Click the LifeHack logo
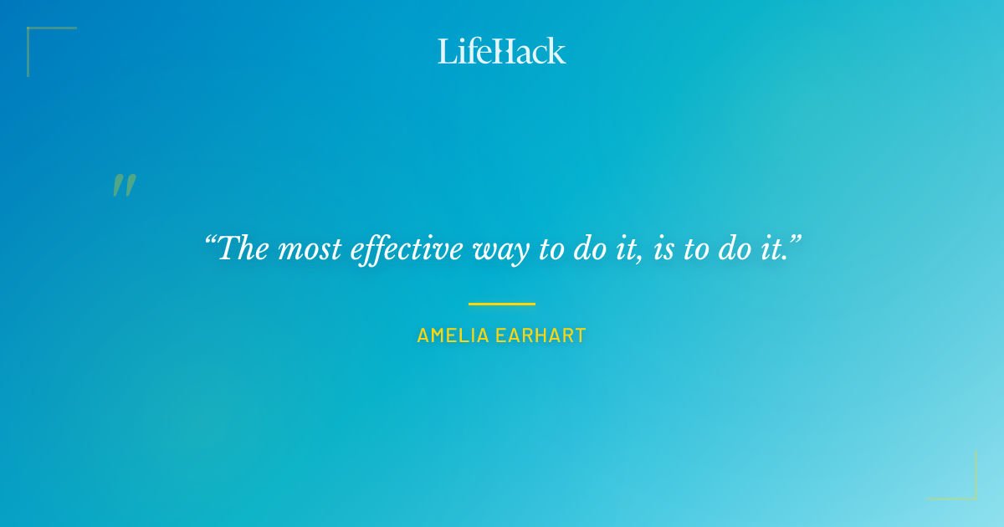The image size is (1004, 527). [502, 51]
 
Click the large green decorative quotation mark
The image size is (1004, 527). [124, 186]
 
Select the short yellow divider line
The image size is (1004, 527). [501, 304]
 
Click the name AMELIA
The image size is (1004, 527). [453, 336]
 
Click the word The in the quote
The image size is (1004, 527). [244, 248]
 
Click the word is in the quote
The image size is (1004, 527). [663, 249]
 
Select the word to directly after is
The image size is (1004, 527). [695, 249]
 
